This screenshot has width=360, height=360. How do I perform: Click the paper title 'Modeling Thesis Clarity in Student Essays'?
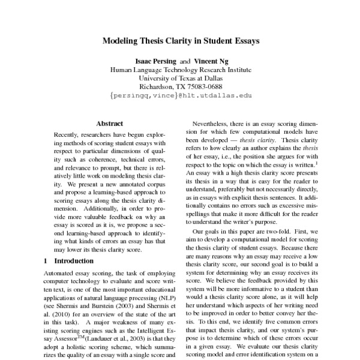(180, 42)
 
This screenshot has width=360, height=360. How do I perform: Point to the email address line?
(180, 95)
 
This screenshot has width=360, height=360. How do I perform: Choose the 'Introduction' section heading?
(78, 261)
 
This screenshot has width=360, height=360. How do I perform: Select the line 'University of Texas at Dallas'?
(180, 78)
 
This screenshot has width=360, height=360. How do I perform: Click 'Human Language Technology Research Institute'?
(180, 70)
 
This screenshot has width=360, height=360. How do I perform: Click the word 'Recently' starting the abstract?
(67, 136)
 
